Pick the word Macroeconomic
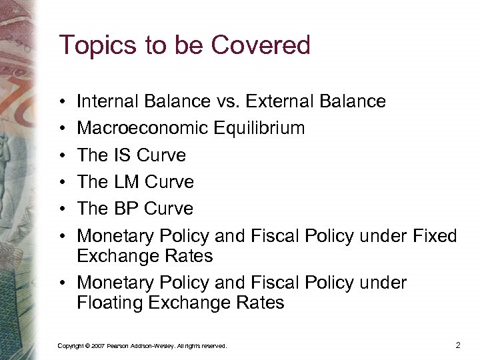pos(144,128)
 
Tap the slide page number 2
pos(457,345)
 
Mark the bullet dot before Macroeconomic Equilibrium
pos(61,129)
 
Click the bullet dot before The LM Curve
pos(61,183)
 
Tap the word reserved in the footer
pos(214,346)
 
